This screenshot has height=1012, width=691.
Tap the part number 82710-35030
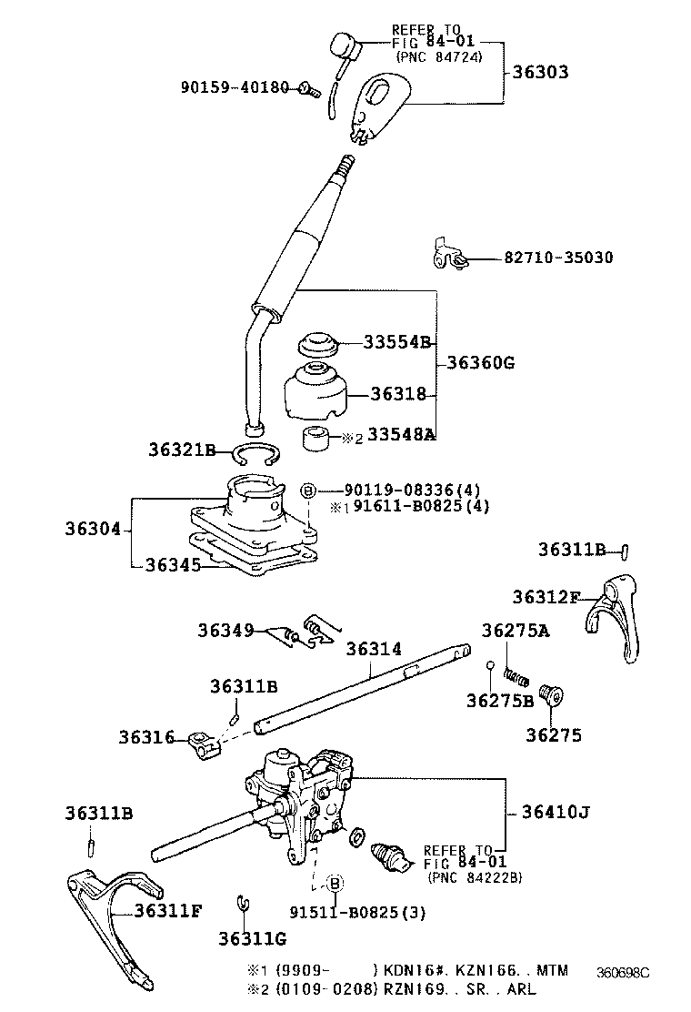(558, 258)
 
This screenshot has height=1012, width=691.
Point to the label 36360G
(480, 363)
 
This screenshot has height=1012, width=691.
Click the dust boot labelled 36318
(314, 392)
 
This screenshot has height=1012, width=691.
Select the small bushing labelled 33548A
(315, 438)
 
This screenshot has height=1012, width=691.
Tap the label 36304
(92, 528)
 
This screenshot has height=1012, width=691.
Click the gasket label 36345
(173, 564)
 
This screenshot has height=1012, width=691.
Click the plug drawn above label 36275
(552, 696)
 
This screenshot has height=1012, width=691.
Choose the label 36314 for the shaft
(373, 648)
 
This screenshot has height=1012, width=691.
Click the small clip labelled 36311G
(242, 902)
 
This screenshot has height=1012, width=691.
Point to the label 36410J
(554, 812)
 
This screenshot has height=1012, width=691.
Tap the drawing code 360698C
(623, 971)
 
